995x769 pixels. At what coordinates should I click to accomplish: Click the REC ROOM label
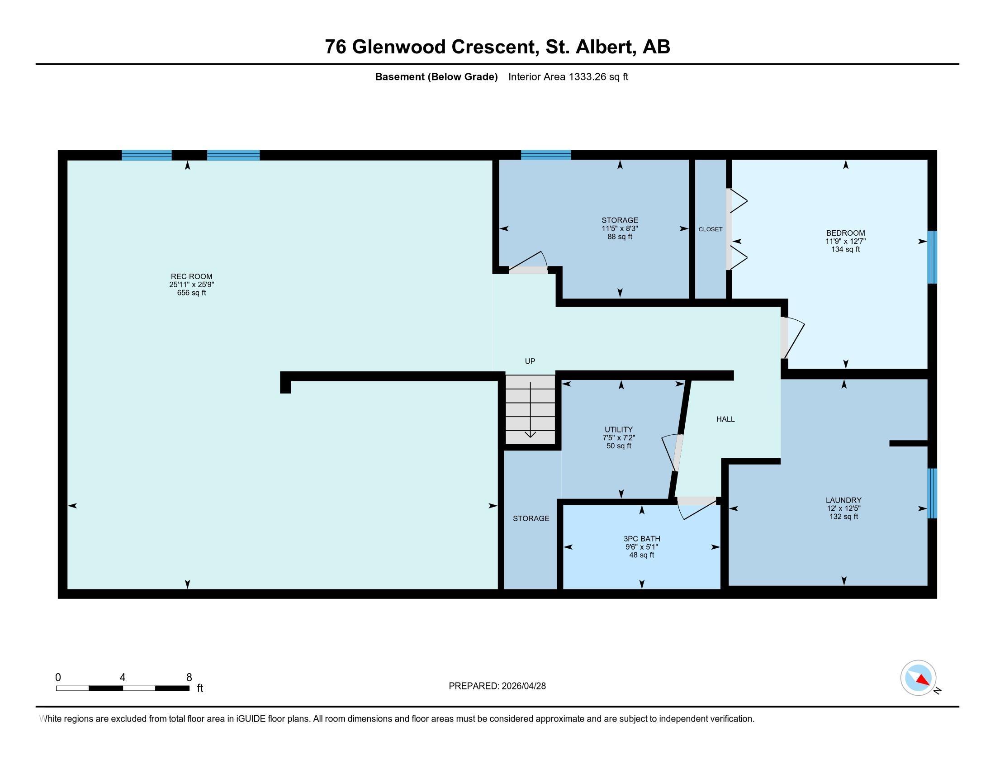tap(191, 276)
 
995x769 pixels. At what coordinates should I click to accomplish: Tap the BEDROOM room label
tap(846, 233)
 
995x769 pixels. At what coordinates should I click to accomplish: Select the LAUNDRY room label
tap(844, 500)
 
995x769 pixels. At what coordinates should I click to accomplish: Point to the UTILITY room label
tap(619, 430)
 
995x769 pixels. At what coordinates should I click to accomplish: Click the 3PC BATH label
tap(642, 539)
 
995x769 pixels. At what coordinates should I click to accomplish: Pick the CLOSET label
tap(710, 229)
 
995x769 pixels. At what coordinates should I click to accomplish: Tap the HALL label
tap(725, 419)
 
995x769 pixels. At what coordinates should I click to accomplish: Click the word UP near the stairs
tap(530, 361)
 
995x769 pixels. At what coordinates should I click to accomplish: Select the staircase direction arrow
tap(531, 410)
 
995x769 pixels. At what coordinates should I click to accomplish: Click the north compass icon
tap(918, 678)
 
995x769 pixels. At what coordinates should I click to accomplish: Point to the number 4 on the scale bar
tap(122, 678)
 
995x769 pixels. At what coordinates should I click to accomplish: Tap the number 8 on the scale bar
tap(189, 678)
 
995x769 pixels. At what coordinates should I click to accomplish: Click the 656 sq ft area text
tap(191, 293)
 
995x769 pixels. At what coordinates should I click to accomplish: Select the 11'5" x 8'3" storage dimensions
tap(620, 229)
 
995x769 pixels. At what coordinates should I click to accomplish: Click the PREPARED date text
tap(497, 686)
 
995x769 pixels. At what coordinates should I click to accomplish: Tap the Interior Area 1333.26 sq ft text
tap(568, 77)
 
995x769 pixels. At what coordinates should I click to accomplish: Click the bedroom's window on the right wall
tap(932, 257)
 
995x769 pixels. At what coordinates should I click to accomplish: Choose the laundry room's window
tap(932, 494)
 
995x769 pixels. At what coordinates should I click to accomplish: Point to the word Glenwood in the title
tap(398, 47)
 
